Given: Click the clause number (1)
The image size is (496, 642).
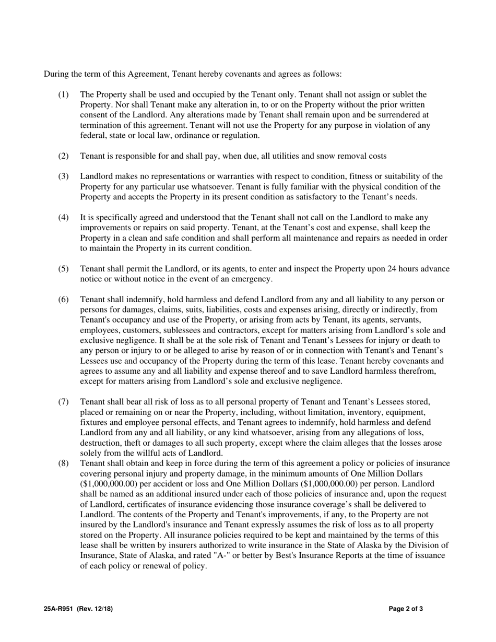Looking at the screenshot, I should tap(63, 94).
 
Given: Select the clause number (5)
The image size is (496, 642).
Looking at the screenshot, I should tap(63, 269).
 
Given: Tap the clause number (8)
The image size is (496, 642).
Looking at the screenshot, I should tap(63, 463).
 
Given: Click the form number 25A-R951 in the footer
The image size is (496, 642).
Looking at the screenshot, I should tap(59, 609).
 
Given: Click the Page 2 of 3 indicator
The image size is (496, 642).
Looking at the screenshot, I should tap(406, 609).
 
